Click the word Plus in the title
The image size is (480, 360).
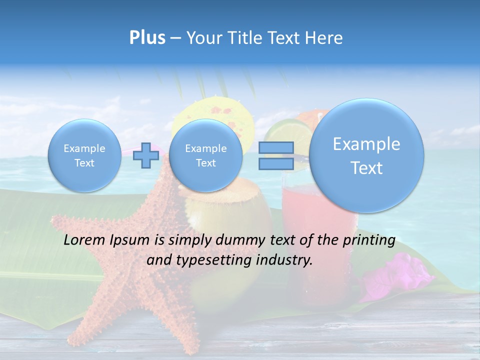coord(147,38)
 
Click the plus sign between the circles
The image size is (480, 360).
coord(145,155)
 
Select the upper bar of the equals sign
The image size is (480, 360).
coord(276,147)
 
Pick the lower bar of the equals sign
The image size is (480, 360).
coord(276,163)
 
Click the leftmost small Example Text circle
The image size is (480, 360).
coord(84,155)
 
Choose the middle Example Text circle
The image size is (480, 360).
coord(205,155)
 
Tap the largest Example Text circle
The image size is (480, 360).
coord(366,155)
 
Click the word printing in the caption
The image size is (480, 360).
coord(369,240)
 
